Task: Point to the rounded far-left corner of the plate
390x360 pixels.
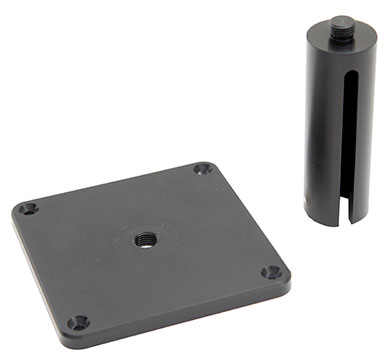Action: point(17,210)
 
